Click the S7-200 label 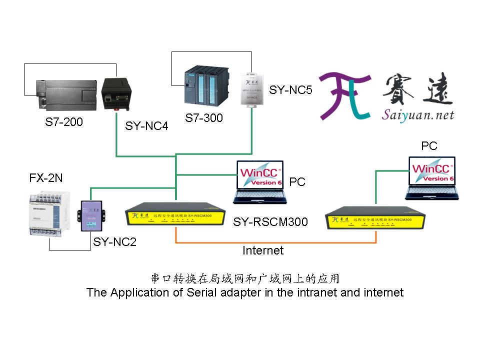(64, 122)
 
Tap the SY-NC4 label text (146, 126)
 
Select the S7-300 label (203, 118)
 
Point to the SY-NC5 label (290, 90)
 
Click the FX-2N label (46, 178)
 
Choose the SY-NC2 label (114, 242)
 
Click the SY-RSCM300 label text (270, 221)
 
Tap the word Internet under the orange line (263, 250)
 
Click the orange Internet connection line (275, 242)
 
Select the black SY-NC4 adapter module (116, 93)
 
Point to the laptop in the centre (260, 181)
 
